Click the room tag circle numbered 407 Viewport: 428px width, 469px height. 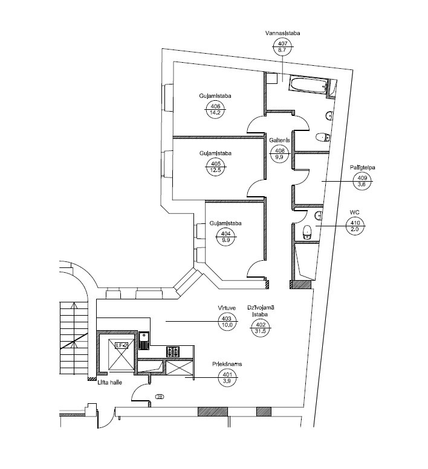[x=282, y=47]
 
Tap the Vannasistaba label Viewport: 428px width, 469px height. [x=282, y=33]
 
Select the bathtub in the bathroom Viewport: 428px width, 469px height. [x=308, y=85]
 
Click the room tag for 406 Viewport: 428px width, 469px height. [x=215, y=109]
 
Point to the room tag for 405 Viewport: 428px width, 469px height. [x=216, y=167]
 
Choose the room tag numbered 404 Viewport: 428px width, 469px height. [x=225, y=237]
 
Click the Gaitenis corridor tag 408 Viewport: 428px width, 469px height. [x=279, y=154]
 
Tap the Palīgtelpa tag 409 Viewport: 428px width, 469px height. [x=362, y=181]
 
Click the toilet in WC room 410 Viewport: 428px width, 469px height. [x=307, y=232]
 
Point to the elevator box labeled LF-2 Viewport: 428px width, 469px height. [x=121, y=355]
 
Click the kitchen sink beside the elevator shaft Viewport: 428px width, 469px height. [x=144, y=340]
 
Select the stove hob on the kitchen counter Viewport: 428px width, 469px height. [x=173, y=352]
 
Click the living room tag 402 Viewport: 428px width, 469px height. [x=261, y=328]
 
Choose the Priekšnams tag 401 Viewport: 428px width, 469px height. [x=227, y=378]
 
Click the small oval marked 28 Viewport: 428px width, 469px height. [x=160, y=397]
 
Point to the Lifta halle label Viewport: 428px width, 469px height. [x=109, y=382]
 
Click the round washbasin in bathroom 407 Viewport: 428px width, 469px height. [x=329, y=115]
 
